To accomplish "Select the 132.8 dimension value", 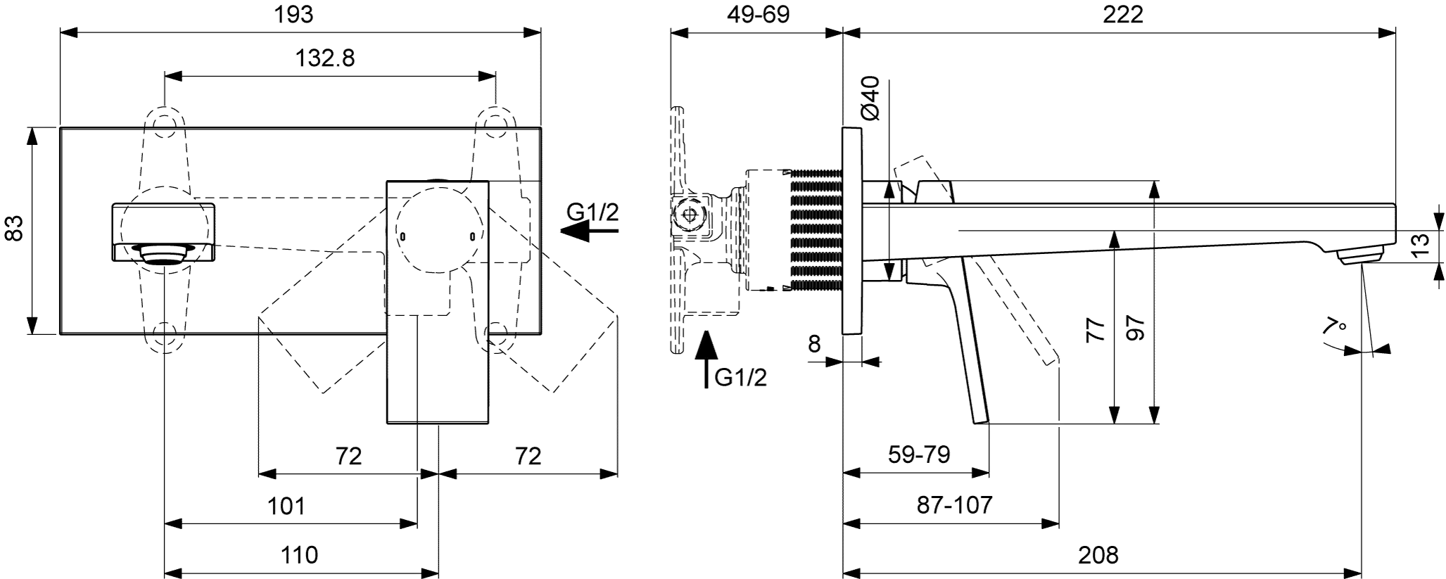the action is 324,58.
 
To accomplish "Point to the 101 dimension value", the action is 286,505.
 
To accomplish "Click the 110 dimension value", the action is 299,555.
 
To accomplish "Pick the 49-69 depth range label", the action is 758,14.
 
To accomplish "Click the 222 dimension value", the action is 1122,14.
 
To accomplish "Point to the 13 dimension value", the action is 1421,245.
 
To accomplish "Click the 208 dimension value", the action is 1098,555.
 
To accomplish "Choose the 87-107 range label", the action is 954,505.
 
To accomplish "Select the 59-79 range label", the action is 919,455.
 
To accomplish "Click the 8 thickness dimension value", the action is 814,343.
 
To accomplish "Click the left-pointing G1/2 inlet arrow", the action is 585,230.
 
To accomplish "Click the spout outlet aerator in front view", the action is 164,253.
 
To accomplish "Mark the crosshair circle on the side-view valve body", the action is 689,215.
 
